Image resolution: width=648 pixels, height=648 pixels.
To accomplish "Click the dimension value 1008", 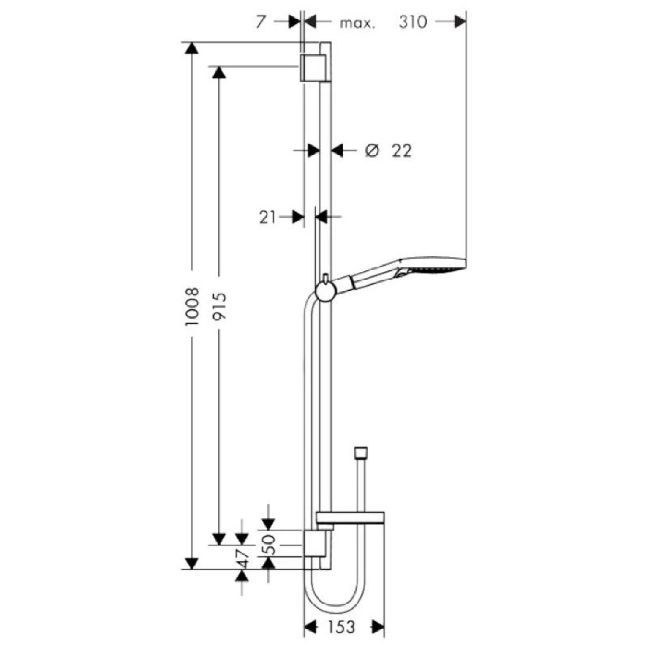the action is (192, 306).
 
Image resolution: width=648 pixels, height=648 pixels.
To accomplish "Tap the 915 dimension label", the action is (219, 305).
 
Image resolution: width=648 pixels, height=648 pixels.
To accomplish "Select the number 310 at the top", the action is (413, 22).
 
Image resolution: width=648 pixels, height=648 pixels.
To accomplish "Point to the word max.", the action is (357, 24).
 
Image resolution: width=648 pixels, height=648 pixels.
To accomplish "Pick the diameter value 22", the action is (401, 150).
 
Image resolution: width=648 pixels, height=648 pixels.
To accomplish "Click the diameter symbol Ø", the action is (372, 150).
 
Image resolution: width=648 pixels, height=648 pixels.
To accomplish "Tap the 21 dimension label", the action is (267, 218).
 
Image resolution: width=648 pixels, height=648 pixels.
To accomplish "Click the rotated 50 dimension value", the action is (270, 544).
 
